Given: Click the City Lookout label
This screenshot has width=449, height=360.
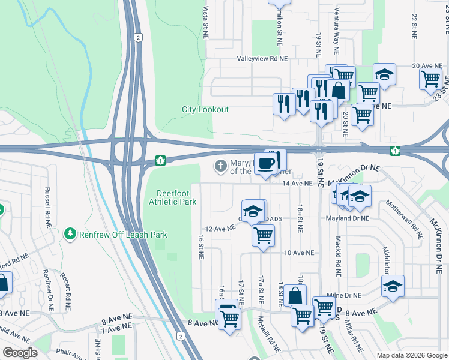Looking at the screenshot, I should tap(205, 109).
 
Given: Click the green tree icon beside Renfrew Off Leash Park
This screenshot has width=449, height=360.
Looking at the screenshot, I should tap(71, 233).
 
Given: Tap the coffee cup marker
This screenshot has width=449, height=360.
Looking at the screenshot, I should tap(266, 163).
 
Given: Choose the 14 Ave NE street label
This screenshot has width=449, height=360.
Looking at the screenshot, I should tap(298, 183).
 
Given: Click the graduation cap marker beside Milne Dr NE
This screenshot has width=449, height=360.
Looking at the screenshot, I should tap(393, 287).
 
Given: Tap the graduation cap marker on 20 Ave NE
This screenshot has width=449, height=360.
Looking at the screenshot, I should tap(384, 75).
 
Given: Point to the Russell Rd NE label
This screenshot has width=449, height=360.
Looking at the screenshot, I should tap(47, 208).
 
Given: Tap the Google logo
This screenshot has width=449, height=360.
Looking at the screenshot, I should tap(20, 353).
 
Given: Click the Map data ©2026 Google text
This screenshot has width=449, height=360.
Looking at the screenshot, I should tap(411, 355).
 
